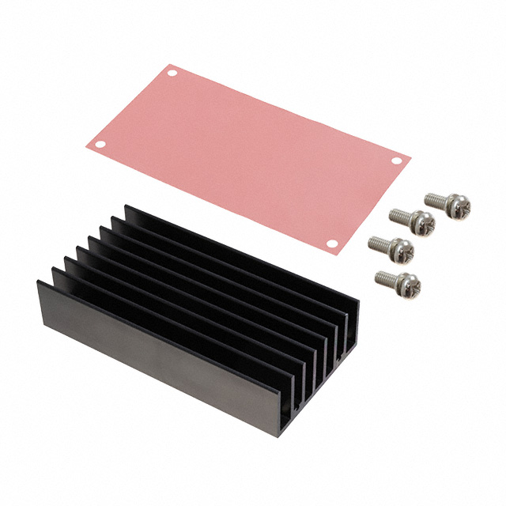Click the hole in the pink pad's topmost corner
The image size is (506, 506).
(x=172, y=74)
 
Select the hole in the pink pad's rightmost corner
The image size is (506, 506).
(x=397, y=161)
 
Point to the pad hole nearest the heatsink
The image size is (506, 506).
(x=332, y=244)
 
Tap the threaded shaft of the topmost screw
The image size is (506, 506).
(x=434, y=198)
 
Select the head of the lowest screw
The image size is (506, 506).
(x=410, y=282)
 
